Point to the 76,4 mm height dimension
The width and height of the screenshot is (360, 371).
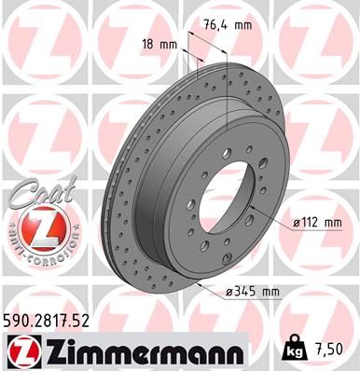pyautogui.click(x=228, y=25)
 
